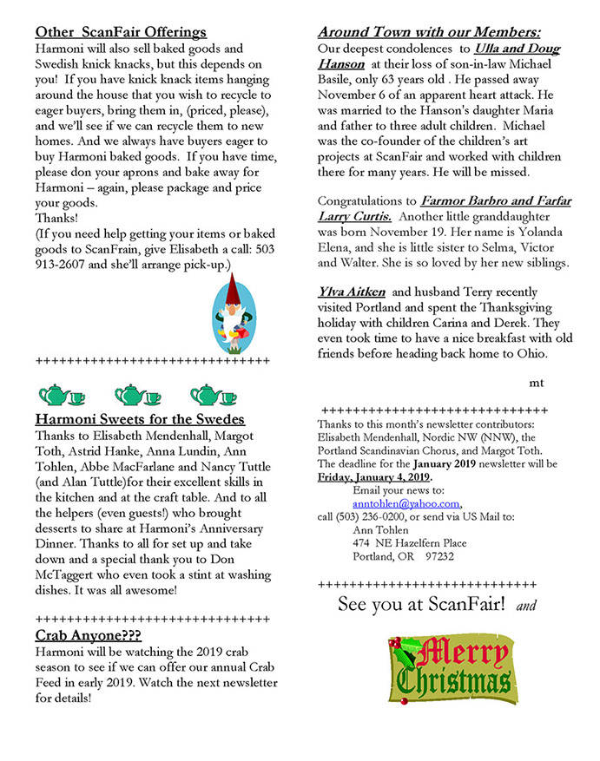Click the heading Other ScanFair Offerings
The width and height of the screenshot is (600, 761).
click(121, 33)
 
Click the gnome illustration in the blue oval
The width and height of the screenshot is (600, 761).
click(229, 312)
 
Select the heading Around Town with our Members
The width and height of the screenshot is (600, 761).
click(430, 33)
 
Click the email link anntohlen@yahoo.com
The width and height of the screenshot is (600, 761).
click(406, 503)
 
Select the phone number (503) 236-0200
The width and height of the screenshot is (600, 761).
click(375, 517)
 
